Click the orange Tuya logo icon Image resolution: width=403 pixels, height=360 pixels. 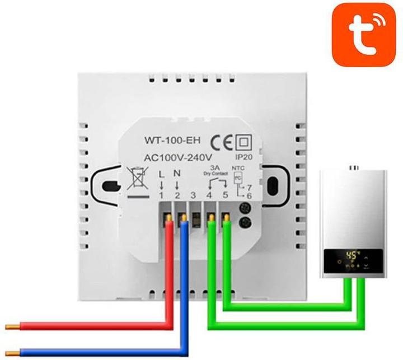tap(364, 34)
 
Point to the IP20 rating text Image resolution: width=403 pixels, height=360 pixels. tap(245, 158)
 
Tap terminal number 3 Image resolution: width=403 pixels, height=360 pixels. tap(194, 195)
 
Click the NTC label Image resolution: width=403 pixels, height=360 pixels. tap(240, 167)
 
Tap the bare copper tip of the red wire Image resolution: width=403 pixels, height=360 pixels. tap(11, 326)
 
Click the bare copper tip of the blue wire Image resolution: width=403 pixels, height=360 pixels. tap(11, 352)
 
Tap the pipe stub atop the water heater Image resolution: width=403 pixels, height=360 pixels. tap(353, 166)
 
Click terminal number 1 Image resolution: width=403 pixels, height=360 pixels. tap(162, 195)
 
